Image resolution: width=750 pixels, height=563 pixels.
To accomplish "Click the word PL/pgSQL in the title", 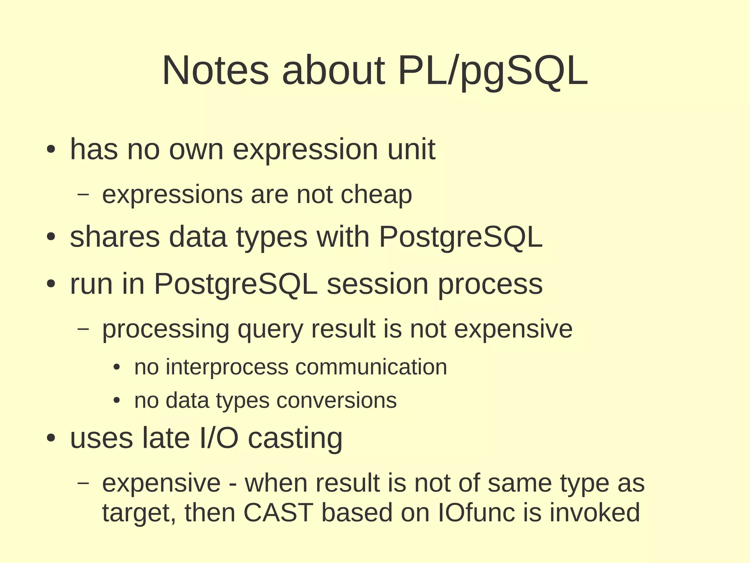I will tap(493, 70).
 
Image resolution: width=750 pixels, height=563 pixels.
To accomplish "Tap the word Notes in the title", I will tap(215, 70).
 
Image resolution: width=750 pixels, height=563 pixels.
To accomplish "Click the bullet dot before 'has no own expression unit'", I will tap(51, 149).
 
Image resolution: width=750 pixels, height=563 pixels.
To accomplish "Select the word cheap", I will tap(376, 195).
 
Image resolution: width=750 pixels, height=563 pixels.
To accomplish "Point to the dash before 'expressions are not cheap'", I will tap(83, 194).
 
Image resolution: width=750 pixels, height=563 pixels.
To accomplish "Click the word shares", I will tap(115, 237).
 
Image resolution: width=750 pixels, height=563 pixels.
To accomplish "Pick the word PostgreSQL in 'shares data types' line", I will tap(460, 237).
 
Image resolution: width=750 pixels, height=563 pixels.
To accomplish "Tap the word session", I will tap(377, 284).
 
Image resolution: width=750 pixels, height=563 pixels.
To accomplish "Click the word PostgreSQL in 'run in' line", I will tap(235, 284).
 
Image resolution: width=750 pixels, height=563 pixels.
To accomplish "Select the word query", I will tap(270, 329).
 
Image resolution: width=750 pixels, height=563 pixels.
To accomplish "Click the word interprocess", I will tap(227, 367).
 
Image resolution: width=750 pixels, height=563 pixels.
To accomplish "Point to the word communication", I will tap(371, 367).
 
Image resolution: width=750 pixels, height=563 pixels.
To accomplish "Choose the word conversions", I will tap(336, 400).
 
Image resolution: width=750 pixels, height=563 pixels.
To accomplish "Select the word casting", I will tap(295, 438).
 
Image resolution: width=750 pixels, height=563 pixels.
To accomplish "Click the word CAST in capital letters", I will tap(278, 512).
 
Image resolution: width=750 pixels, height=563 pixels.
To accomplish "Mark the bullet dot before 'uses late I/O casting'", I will tap(51, 438).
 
